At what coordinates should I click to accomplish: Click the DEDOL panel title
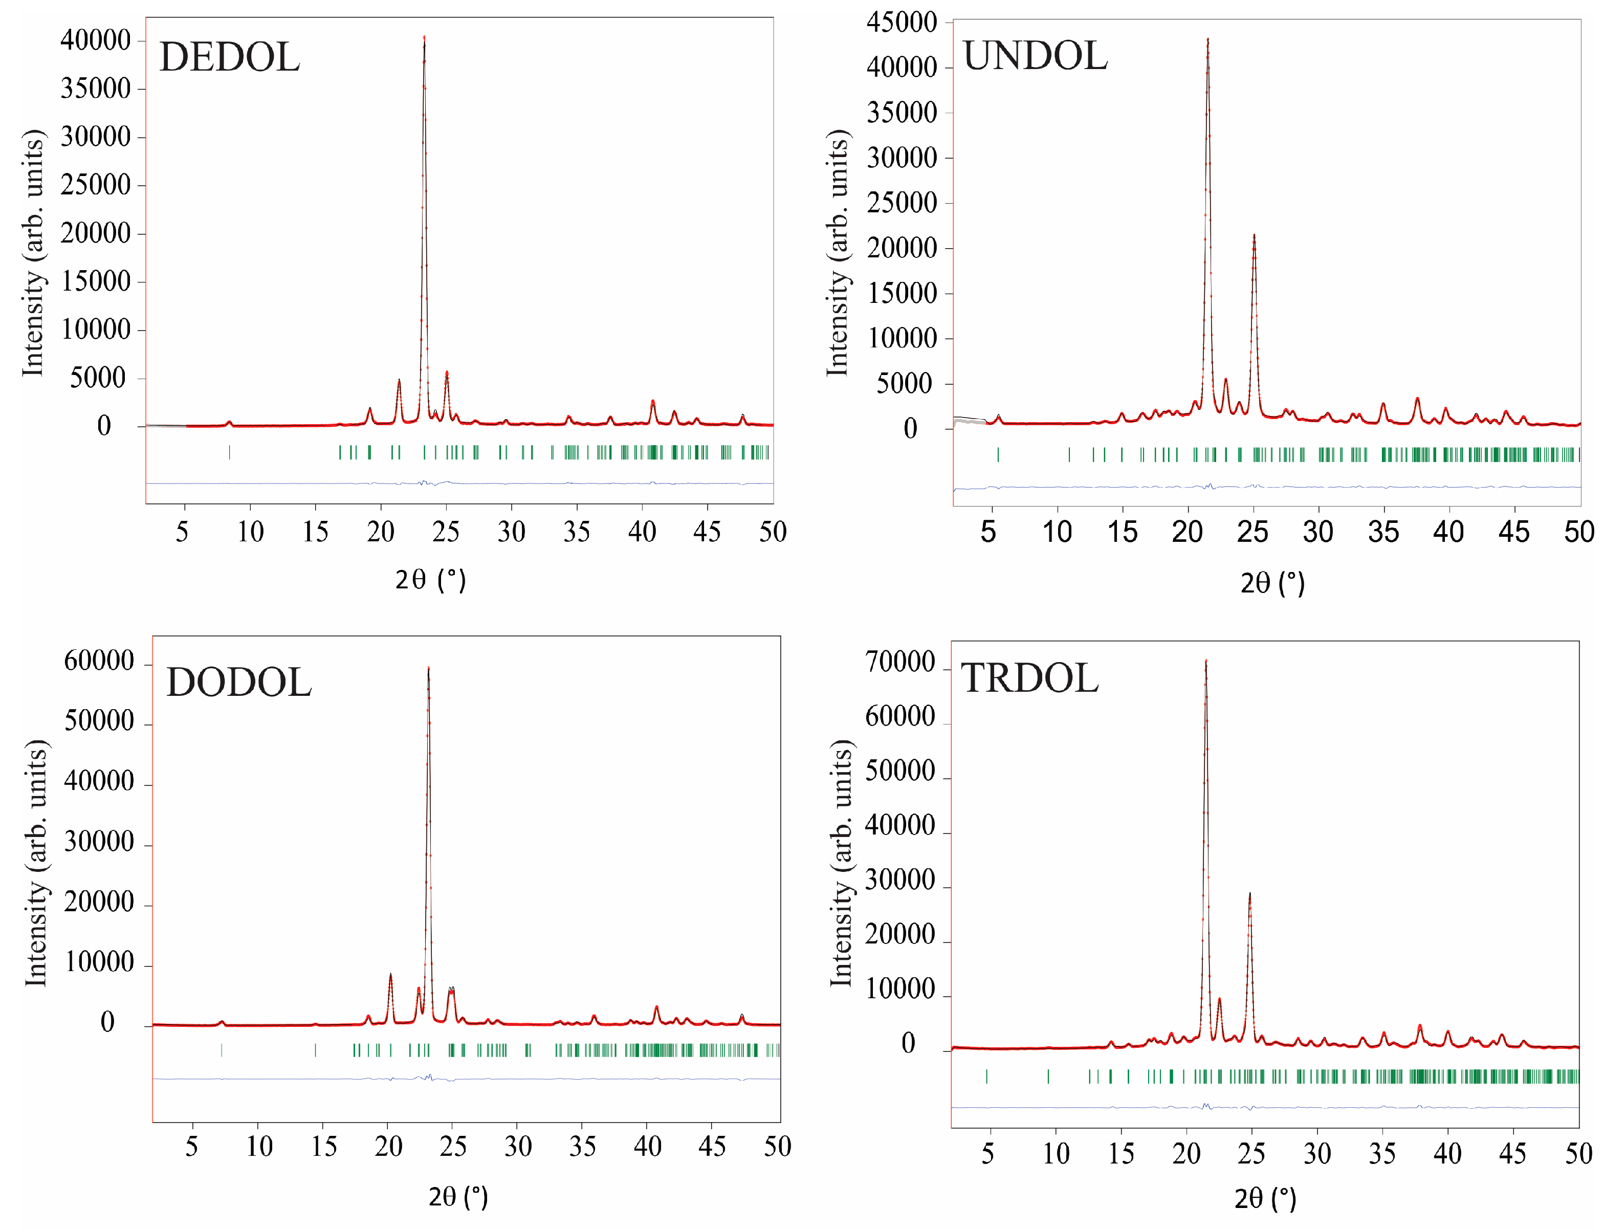[x=229, y=57]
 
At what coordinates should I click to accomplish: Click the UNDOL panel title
[x=1035, y=56]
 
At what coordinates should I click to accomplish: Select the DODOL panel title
[x=238, y=683]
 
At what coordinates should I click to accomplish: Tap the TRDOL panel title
[x=1029, y=677]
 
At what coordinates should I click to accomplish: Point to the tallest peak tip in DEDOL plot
[x=424, y=37]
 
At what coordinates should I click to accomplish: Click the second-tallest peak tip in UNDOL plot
[x=1254, y=236]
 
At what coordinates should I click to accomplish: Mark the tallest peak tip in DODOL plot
[x=428, y=668]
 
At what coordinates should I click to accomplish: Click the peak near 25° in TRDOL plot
[x=1249, y=894]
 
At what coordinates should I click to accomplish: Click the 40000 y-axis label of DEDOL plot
[x=95, y=40]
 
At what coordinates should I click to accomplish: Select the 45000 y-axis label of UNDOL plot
[x=901, y=22]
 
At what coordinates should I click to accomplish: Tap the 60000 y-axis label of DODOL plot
[x=99, y=661]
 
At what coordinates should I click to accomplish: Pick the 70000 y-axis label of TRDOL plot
[x=900, y=663]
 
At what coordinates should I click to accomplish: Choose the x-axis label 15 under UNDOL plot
[x=1122, y=532]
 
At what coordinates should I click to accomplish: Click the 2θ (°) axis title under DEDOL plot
[x=430, y=580]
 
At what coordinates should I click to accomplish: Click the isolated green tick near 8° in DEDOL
[x=229, y=452]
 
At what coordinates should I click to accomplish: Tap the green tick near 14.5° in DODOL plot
[x=316, y=1050]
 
